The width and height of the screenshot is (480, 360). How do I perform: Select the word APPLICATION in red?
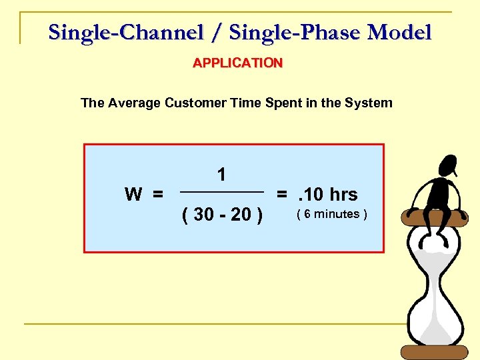(x=238, y=63)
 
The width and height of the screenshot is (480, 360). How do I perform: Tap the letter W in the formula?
(x=133, y=195)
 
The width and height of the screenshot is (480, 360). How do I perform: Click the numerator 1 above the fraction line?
(x=221, y=175)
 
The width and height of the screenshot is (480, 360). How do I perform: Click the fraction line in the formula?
(x=223, y=193)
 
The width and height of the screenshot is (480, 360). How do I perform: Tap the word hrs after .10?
(x=343, y=195)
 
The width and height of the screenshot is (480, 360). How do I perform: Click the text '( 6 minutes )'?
(x=331, y=214)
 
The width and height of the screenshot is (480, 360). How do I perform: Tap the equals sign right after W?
(x=157, y=195)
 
